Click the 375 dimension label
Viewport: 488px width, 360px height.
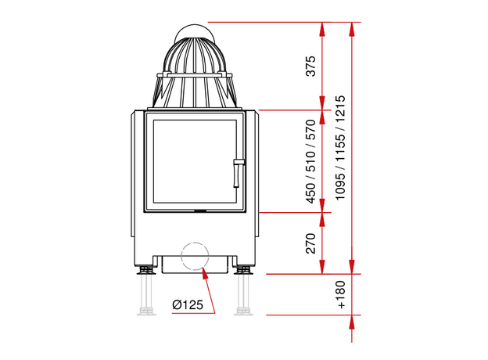coord(310,66)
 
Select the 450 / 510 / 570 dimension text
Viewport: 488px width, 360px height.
coord(310,161)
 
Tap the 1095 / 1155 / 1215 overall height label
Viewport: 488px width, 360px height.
coord(340,148)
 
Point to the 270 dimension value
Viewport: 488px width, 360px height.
coord(310,243)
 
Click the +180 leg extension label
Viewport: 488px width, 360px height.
coord(341,294)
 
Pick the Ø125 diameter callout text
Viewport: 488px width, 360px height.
coord(188,304)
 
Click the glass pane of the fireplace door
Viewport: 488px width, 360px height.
coord(195,161)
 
